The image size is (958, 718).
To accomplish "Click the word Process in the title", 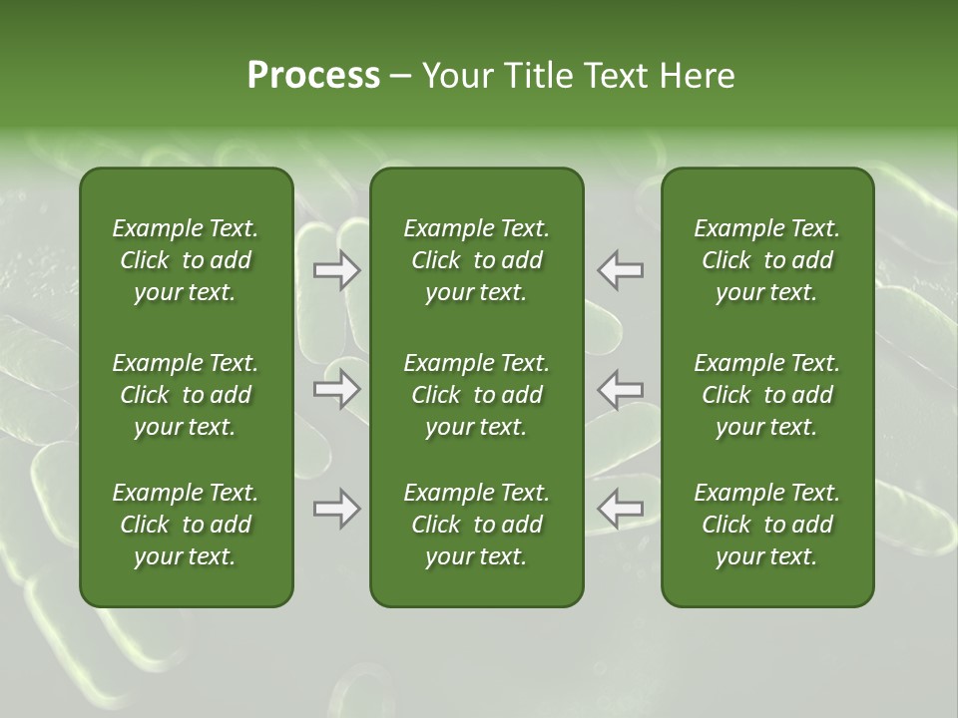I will tap(313, 76).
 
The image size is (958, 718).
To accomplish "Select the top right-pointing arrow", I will tap(337, 270).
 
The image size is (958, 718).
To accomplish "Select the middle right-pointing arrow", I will tap(337, 389).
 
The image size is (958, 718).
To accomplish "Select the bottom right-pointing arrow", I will tap(337, 509).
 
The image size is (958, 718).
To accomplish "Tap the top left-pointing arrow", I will tap(620, 270).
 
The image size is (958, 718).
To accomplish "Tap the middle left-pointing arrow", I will tap(620, 389).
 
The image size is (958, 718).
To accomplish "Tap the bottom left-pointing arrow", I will tap(620, 509).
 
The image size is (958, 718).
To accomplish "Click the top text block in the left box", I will tap(186, 260).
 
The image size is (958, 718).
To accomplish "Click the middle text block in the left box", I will tap(186, 395).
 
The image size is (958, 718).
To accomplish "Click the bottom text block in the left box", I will tap(186, 525).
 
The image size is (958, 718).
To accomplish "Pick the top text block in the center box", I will tap(476, 260).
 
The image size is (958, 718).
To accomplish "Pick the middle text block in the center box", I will tap(476, 395).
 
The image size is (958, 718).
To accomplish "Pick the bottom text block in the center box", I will tap(476, 525).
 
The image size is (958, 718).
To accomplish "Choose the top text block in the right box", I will tap(766, 260).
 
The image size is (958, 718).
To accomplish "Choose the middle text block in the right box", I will tap(766, 395).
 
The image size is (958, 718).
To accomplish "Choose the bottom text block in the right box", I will tap(766, 525).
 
